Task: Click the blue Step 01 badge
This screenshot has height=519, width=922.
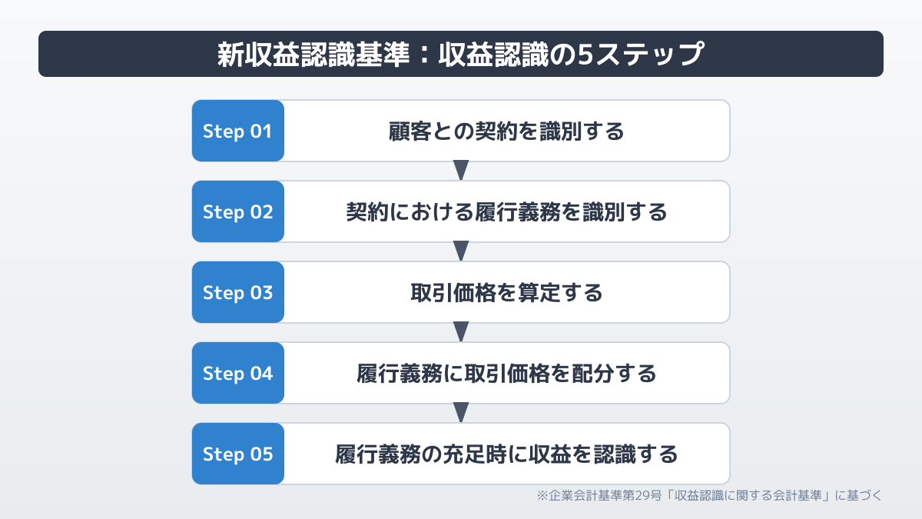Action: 238,131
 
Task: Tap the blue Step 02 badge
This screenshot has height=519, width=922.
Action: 238,211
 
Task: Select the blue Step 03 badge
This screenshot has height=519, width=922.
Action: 238,292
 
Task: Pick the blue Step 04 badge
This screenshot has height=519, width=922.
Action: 238,373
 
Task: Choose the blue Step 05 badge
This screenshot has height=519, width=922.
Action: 238,454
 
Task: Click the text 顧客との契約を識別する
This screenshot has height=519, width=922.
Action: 506,131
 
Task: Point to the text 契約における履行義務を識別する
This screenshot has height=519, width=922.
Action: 506,212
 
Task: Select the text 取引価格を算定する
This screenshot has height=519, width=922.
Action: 506,293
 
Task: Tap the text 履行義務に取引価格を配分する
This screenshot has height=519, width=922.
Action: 506,374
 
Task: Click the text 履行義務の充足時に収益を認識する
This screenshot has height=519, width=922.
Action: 506,454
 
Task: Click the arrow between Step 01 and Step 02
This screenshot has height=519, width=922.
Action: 461,170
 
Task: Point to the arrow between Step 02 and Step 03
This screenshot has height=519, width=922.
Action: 461,251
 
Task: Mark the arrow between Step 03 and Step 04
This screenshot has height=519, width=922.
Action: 461,331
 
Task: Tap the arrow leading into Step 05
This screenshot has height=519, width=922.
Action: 461,412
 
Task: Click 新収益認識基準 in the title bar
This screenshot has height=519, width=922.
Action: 313,54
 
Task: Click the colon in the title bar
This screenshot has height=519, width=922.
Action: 425,55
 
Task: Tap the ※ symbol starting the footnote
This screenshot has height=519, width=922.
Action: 542,495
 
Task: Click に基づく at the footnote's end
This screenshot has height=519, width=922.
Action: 859,495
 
